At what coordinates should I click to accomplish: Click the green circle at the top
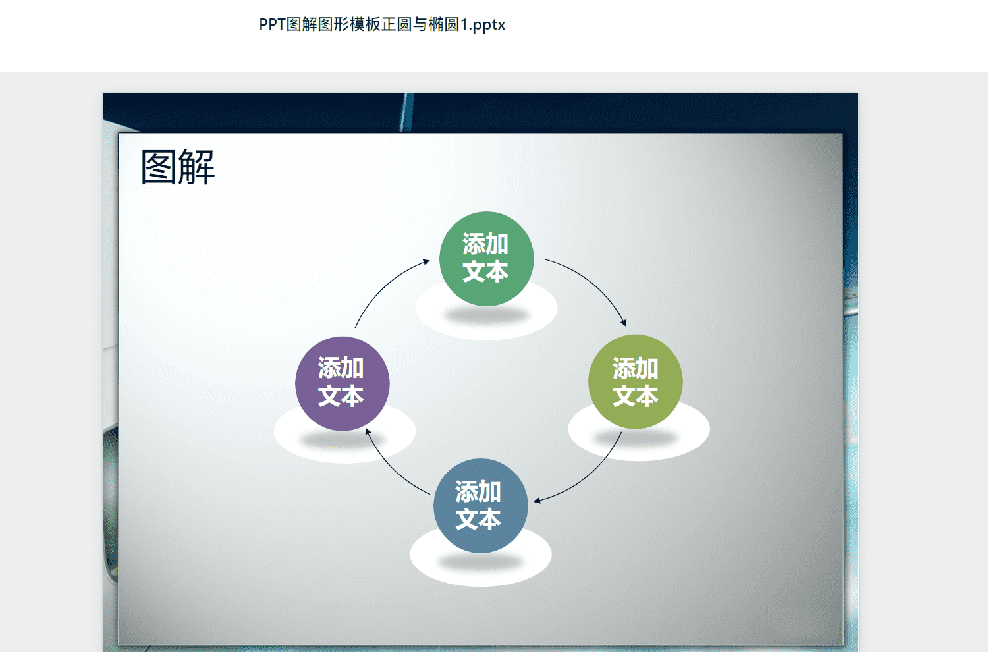coord(487,259)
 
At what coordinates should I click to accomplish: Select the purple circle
coord(343,384)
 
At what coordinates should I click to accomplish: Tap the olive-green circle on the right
coord(636,381)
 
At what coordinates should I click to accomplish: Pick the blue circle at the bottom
coord(481,506)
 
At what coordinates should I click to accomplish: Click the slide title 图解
coord(178,167)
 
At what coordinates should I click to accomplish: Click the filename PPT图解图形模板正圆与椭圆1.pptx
coord(382,24)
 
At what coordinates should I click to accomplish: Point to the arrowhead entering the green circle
coord(427,262)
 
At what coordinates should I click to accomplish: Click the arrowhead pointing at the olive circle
coord(624,323)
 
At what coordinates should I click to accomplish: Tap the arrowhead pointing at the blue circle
coord(537,501)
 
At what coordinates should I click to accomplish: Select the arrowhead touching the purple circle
coord(368,431)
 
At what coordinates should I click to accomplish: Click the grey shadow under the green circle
coord(487,315)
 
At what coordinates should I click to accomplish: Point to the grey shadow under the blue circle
coord(481,562)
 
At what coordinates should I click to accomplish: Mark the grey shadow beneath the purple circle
coord(343,439)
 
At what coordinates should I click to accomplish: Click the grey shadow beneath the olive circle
coord(636,437)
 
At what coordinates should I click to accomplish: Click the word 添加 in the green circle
coord(485,244)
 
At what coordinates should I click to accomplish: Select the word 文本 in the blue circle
coord(478,518)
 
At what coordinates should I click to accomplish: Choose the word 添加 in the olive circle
coord(636,368)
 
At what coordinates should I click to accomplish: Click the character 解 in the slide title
coord(197,167)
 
